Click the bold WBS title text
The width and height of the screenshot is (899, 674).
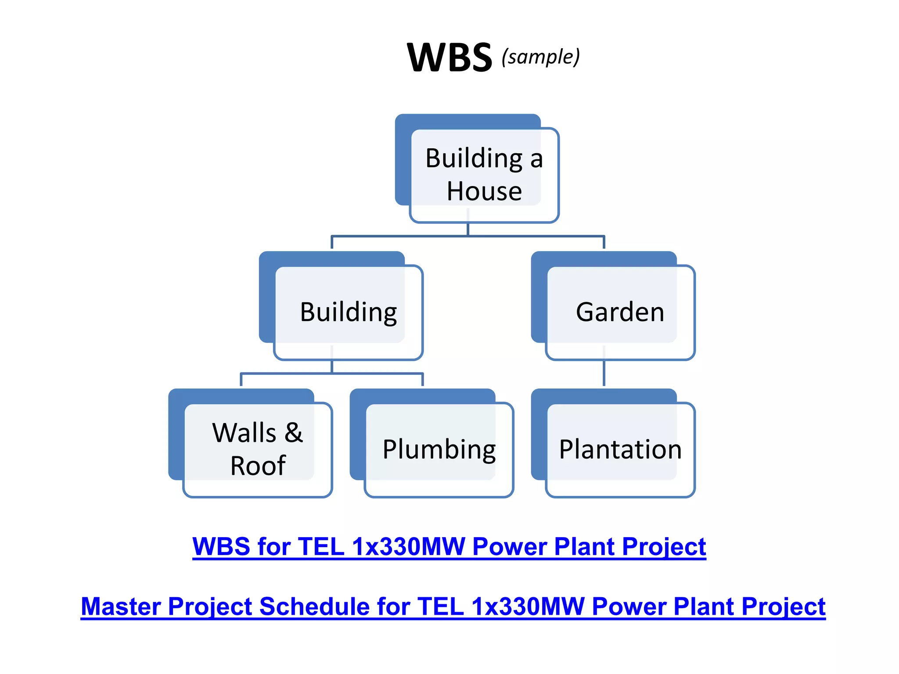point(449,57)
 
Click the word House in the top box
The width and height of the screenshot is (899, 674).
point(484,192)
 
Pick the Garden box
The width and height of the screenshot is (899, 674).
point(619,312)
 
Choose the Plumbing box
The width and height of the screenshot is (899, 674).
point(439,449)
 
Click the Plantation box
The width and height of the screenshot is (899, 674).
point(620,449)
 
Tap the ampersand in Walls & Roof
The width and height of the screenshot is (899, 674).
point(294,433)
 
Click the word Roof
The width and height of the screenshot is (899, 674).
point(258,466)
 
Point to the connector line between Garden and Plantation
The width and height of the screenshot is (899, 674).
point(604,373)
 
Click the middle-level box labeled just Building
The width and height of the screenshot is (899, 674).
point(348,312)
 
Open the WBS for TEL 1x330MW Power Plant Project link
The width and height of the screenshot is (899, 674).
point(449,547)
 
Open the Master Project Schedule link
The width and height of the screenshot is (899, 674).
point(453,606)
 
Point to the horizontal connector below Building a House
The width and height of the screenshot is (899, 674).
point(468,237)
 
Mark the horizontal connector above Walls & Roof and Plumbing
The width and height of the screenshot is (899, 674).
point(332,374)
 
